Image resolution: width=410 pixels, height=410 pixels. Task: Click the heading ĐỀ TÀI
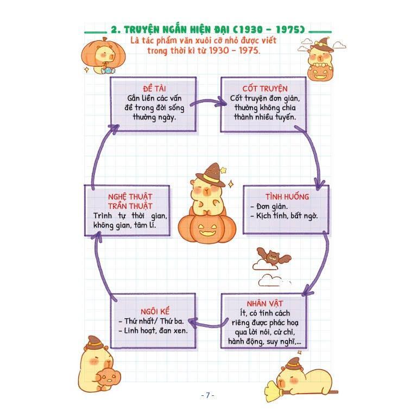click(154, 89)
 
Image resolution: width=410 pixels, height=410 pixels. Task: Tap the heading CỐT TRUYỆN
click(264, 89)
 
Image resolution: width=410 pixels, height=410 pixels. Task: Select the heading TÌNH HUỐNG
click(287, 197)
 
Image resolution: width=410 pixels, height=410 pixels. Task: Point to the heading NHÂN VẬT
click(264, 304)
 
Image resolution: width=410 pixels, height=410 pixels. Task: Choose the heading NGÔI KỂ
click(155, 311)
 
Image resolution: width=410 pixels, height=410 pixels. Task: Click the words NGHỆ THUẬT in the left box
click(130, 197)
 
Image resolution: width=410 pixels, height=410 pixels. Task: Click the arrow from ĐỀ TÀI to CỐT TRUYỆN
click(208, 102)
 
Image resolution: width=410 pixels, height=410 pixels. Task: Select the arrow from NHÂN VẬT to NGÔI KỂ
click(208, 324)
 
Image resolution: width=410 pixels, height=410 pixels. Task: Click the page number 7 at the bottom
click(207, 395)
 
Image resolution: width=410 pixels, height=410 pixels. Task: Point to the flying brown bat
click(274, 256)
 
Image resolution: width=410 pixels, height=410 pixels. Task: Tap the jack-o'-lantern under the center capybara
click(207, 229)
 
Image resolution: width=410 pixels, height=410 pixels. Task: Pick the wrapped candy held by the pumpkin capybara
click(108, 71)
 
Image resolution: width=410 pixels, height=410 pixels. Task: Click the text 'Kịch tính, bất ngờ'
click(287, 216)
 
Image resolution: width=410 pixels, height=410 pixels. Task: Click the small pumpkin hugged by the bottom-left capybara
click(108, 377)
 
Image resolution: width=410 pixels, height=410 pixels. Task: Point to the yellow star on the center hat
click(223, 170)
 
